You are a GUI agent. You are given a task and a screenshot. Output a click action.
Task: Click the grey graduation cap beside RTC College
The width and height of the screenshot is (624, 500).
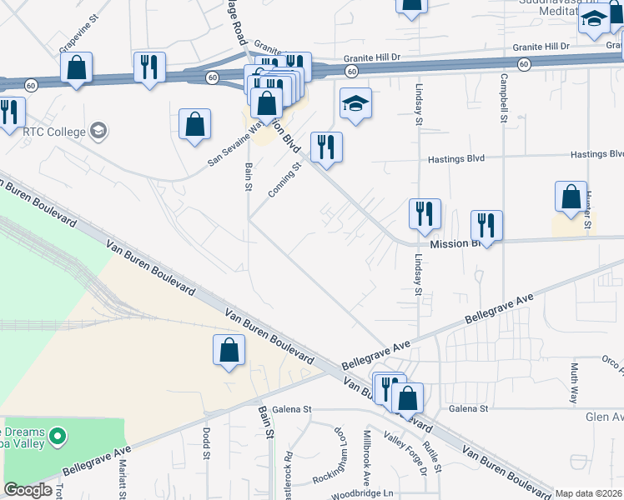click(98, 131)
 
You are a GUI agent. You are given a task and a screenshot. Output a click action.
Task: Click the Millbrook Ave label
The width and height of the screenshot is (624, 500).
click(366, 459)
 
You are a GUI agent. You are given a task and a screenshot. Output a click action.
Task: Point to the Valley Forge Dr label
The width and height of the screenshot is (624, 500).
click(405, 452)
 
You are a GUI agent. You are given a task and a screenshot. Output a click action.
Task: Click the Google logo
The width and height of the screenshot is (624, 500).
click(28, 490)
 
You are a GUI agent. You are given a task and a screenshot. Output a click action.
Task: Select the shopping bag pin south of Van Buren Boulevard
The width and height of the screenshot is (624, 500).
click(229, 351)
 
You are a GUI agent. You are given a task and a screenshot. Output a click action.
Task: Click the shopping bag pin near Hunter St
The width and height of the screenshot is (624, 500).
click(571, 197)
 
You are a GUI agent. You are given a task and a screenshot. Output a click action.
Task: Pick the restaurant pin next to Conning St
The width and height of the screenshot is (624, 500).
click(326, 147)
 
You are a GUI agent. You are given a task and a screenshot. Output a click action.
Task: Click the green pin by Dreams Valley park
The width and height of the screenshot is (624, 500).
click(58, 435)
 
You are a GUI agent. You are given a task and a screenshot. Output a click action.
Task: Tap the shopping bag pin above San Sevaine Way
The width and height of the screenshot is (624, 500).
click(194, 124)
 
